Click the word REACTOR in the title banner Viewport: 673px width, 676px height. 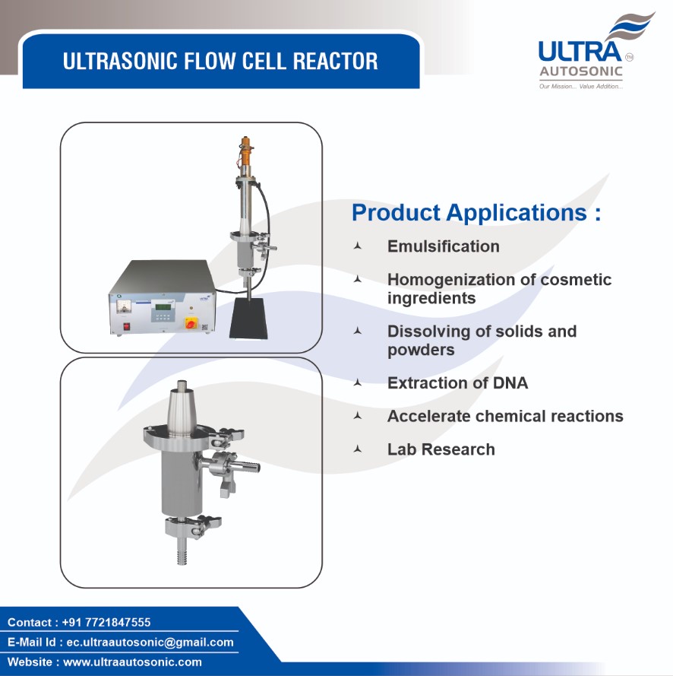click(336, 61)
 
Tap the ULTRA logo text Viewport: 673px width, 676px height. click(580, 52)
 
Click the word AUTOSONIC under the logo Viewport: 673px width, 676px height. click(581, 71)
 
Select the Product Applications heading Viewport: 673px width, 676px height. click(476, 213)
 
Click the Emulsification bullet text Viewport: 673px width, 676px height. click(444, 246)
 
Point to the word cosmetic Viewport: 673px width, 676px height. click(576, 279)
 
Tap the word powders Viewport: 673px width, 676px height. click(421, 350)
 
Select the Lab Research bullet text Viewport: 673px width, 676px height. click(441, 449)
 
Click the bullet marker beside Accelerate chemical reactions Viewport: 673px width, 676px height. click(357, 416)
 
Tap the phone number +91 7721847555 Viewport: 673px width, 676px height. click(106, 622)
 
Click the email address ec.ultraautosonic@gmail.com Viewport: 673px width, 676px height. click(150, 643)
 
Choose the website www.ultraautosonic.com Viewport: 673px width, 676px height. click(132, 662)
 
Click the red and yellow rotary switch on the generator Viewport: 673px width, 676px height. click(191, 322)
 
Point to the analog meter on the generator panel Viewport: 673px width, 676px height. click(125, 307)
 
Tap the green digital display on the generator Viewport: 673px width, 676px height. click(163, 307)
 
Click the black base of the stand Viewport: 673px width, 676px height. click(248, 319)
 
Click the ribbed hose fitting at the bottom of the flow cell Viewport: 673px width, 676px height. click(182, 552)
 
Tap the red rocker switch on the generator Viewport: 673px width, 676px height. click(126, 326)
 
